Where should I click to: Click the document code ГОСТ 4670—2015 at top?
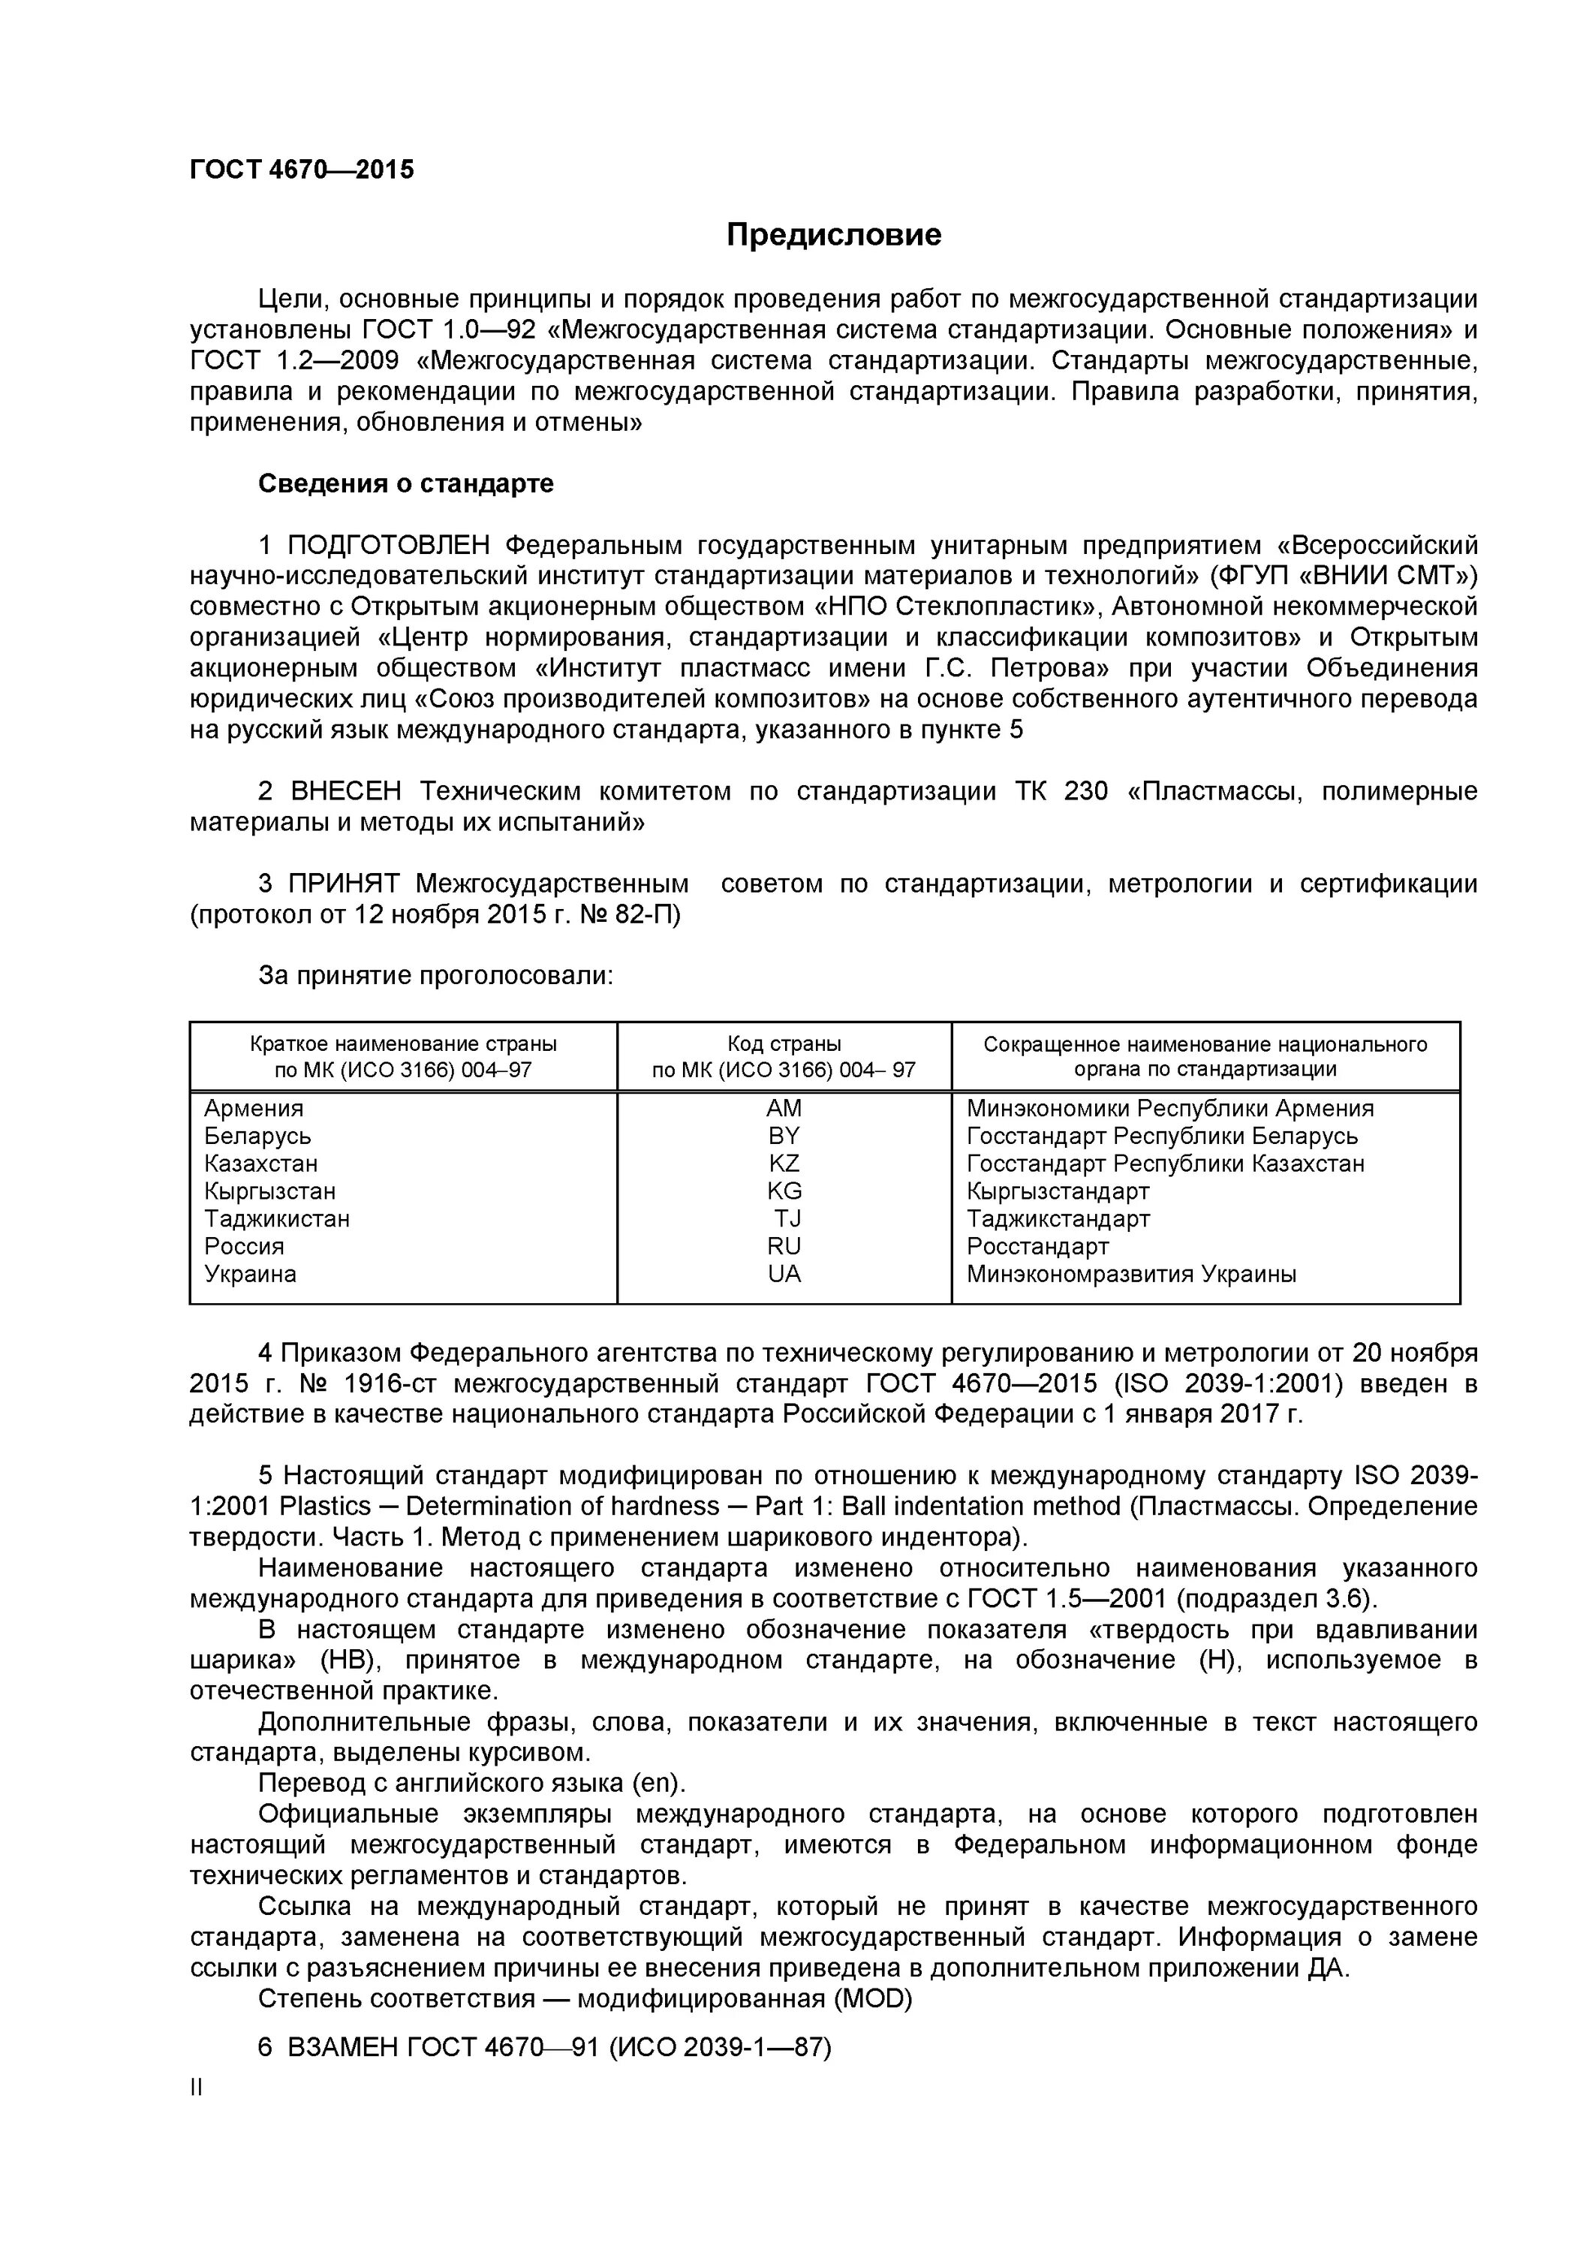click(x=302, y=170)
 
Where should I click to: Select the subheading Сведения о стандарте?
click(x=405, y=483)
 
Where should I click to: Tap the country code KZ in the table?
click(x=784, y=1164)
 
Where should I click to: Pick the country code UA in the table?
click(x=784, y=1274)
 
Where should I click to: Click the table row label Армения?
click(x=253, y=1108)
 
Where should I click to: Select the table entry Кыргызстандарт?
click(x=1058, y=1192)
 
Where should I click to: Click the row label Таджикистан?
click(x=277, y=1219)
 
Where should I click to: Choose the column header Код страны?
click(x=784, y=1043)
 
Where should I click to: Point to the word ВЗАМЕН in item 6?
click(x=343, y=2047)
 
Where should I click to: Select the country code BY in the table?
click(x=784, y=1136)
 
